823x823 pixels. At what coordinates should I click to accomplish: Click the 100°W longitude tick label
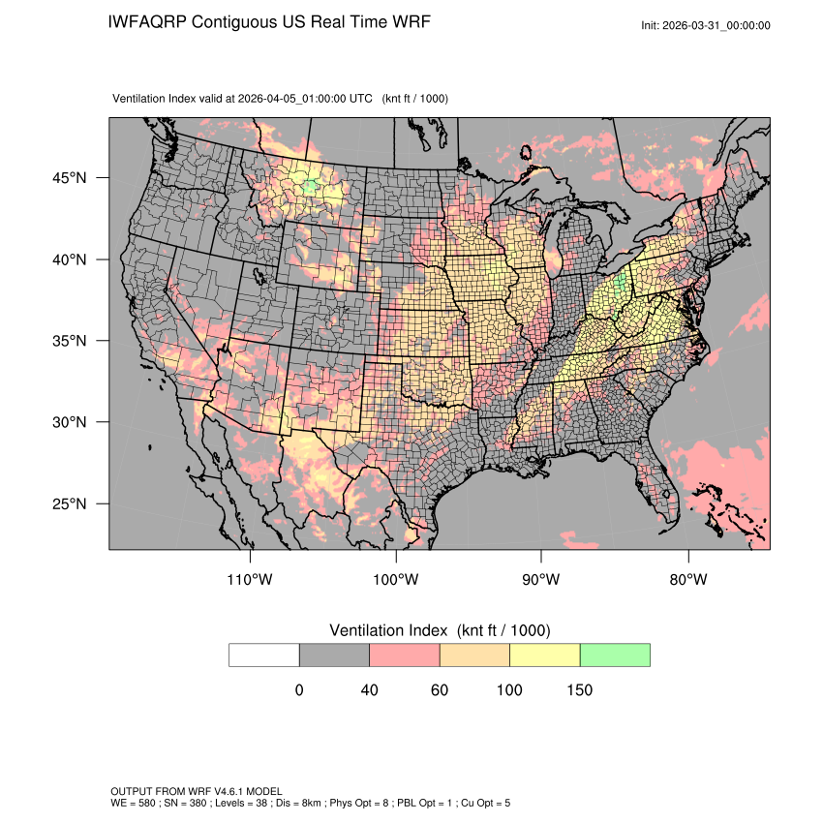click(396, 580)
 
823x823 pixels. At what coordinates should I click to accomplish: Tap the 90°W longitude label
click(541, 580)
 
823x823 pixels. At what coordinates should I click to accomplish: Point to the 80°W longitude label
click(687, 580)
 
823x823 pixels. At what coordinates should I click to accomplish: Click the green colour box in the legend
click(615, 655)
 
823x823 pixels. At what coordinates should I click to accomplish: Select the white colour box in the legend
click(264, 655)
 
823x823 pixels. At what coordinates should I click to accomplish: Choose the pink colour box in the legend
click(405, 655)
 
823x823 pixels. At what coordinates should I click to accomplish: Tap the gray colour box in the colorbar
click(334, 655)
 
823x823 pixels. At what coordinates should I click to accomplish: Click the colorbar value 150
click(579, 690)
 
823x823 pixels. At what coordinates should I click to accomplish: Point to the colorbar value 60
click(440, 690)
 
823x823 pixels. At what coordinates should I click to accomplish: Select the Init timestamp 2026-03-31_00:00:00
click(717, 26)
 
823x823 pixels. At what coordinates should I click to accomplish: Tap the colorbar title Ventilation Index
click(391, 630)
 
